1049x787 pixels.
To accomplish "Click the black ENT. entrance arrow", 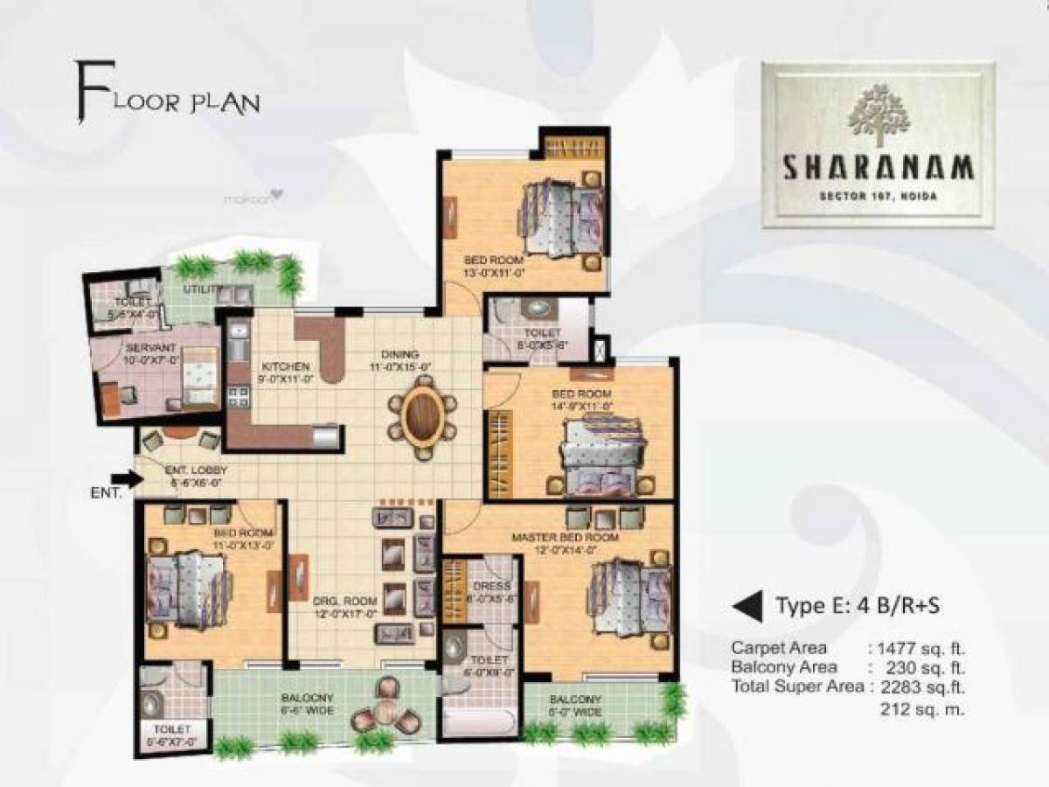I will click(129, 478).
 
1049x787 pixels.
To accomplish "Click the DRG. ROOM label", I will click(345, 601).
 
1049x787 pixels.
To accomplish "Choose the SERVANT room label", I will click(145, 347).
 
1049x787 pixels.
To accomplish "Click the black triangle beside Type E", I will click(746, 604).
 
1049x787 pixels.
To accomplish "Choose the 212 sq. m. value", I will click(921, 709).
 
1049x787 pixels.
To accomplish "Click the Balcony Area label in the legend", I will click(777, 668).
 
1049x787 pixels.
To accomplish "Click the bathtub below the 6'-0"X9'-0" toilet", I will click(478, 723).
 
